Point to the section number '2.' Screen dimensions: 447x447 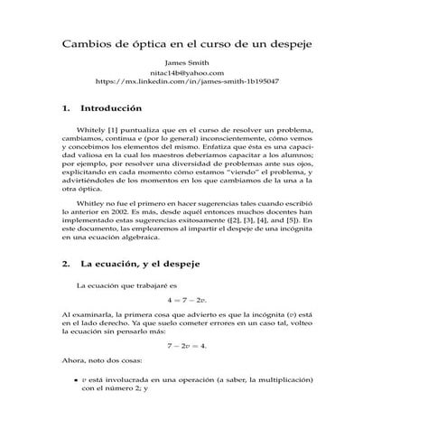pos(67,265)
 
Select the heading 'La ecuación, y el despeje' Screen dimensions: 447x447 pos(140,265)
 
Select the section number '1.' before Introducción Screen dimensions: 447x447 pos(67,107)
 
